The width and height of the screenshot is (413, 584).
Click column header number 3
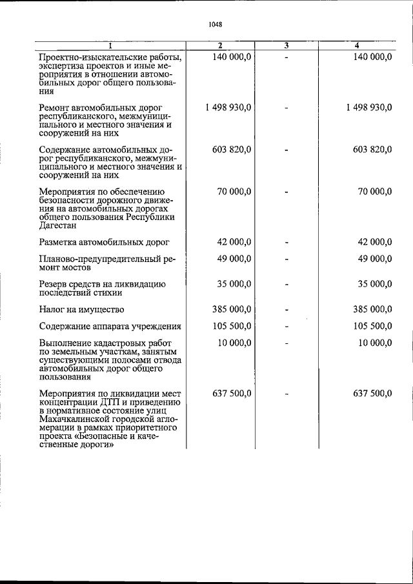click(285, 45)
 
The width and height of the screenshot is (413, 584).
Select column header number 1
click(110, 45)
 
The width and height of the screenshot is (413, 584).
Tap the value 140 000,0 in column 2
click(232, 57)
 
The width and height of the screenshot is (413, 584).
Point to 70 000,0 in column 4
click(374, 192)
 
